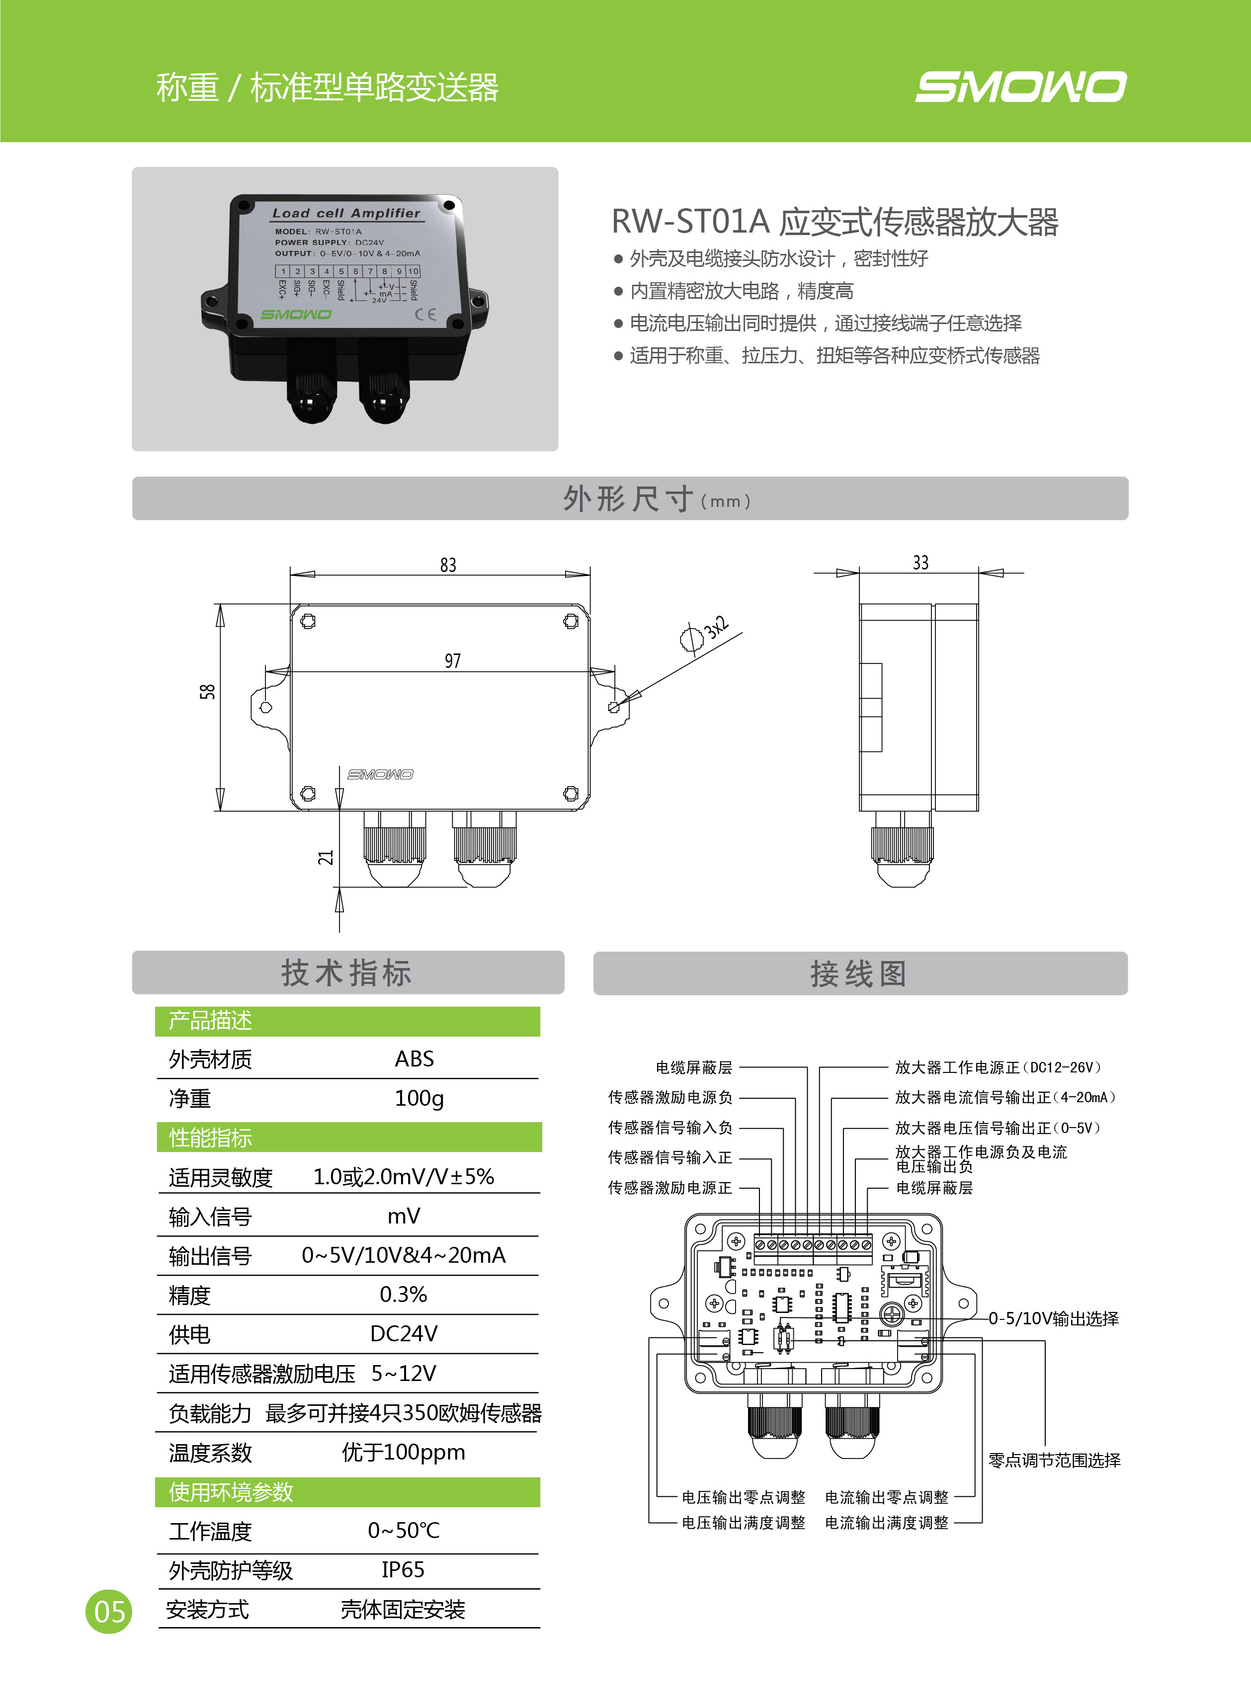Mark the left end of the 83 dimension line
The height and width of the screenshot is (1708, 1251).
coord(290,574)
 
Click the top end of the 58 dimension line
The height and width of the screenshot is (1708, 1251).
coord(220,604)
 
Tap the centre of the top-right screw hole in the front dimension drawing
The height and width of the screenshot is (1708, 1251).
coord(571,622)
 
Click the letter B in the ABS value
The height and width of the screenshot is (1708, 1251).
coord(414,1058)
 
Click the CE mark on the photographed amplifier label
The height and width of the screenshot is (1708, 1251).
coord(425,314)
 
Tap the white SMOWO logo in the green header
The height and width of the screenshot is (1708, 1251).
coord(1021,86)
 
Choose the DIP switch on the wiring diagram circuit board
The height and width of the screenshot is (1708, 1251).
coord(783,1339)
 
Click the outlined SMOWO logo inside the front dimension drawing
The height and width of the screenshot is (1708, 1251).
coord(380,774)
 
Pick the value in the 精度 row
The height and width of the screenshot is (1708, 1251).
coord(403,1295)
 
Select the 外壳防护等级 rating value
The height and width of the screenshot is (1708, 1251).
coord(403,1569)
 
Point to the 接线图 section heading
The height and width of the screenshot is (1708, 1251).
coord(859,974)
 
